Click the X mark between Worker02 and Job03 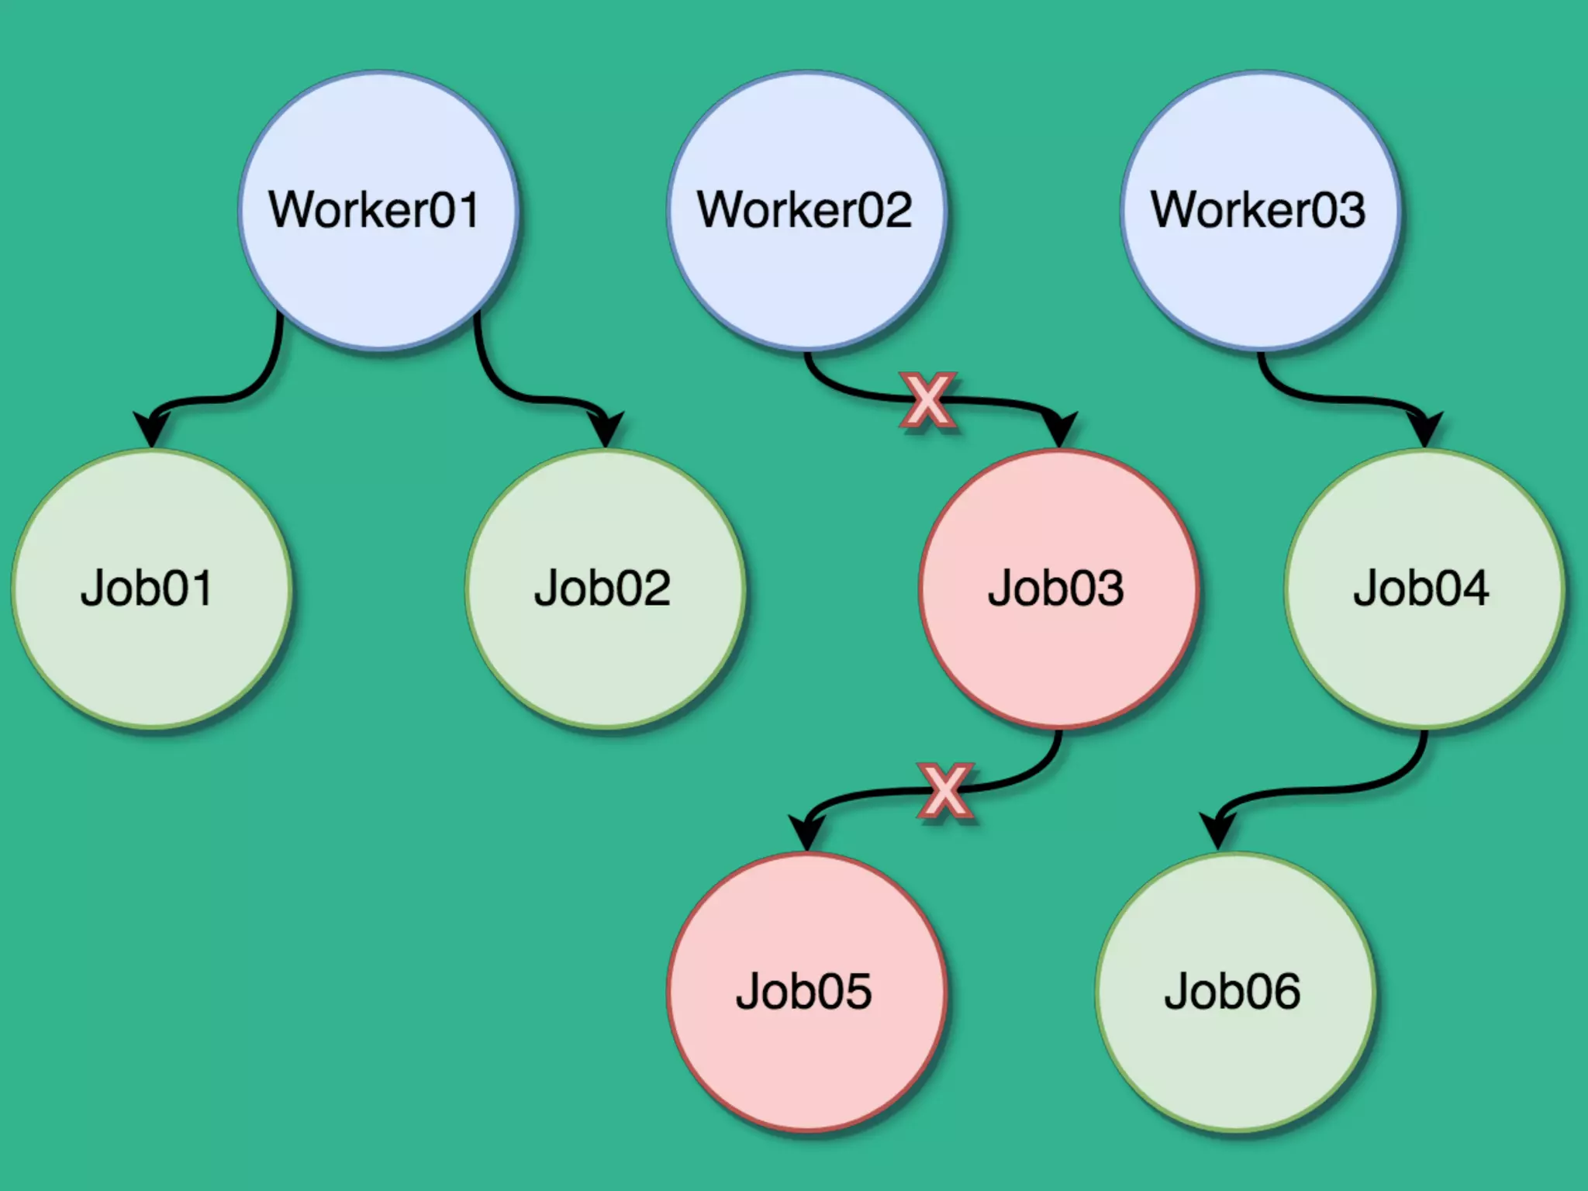pos(927,400)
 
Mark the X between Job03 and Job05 pos(944,791)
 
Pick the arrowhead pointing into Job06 pos(1218,832)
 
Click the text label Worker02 pos(805,209)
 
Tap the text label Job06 pos(1232,991)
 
